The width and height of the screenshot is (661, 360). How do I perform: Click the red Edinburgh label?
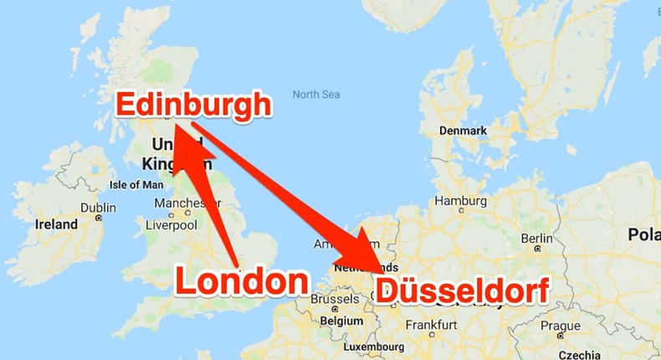point(193,105)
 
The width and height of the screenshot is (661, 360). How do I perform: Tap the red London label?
point(241,282)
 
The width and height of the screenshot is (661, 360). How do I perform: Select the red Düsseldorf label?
point(462,291)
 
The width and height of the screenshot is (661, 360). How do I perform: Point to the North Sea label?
point(317,95)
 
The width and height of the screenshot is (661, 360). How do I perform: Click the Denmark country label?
point(464,131)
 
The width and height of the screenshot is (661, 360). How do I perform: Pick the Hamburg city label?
point(461,201)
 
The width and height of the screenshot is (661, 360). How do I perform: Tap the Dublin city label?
point(98,208)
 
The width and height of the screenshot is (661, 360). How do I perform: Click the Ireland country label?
point(56,224)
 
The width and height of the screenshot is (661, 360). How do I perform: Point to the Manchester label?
point(187,203)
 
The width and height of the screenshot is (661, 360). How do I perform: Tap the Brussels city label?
point(335,300)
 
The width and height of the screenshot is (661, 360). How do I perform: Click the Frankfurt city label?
point(430,325)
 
